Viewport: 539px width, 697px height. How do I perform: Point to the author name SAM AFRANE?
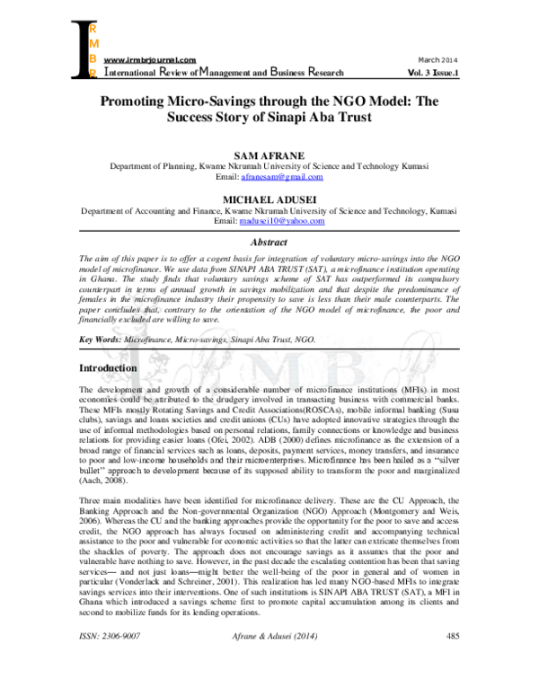pos(269,155)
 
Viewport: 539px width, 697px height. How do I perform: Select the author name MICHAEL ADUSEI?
pos(269,199)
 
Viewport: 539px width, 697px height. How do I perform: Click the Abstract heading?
pos(269,242)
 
